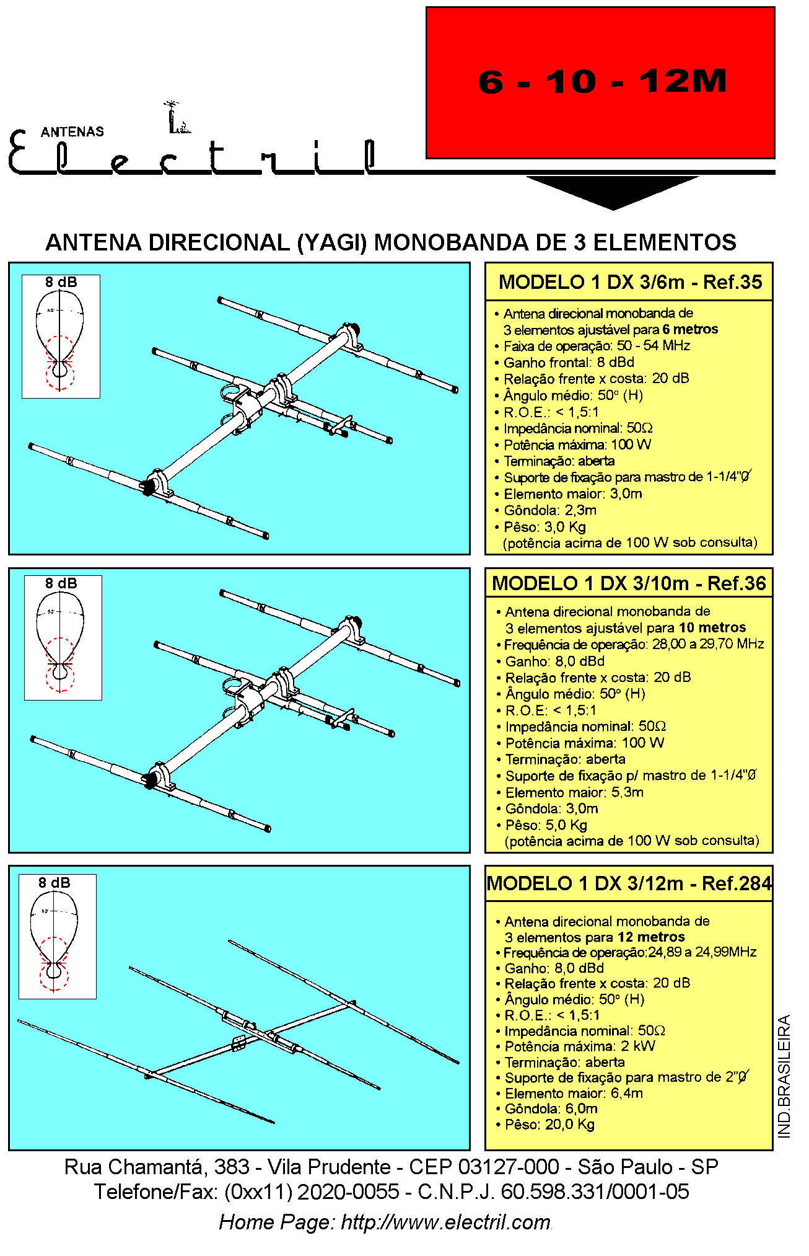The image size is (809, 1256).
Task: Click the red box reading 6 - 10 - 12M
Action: pos(600,82)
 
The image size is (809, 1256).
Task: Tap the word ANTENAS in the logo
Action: pos(72,131)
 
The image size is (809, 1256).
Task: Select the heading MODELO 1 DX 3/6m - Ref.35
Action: pos(630,282)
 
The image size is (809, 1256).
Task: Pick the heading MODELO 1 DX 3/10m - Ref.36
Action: pos(629,583)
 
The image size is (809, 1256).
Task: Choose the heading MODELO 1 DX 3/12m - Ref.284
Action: pos(629,883)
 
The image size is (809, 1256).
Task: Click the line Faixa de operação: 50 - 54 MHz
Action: pos(596,346)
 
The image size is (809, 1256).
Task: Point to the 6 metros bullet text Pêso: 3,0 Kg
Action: pos(544,527)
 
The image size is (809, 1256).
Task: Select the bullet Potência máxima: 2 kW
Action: pos(579,1046)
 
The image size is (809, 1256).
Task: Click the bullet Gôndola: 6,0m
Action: pos(551,1108)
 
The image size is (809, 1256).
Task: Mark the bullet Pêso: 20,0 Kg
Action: pos(549,1125)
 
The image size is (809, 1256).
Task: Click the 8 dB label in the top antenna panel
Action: pos(61,283)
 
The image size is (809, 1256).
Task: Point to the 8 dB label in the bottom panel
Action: pos(55,883)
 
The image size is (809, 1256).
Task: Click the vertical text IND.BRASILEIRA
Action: pos(784,1076)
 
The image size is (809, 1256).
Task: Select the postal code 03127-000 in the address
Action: pos(508,1167)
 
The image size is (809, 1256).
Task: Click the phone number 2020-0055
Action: pos(348,1192)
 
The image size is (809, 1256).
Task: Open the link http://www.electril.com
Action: pos(445,1222)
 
